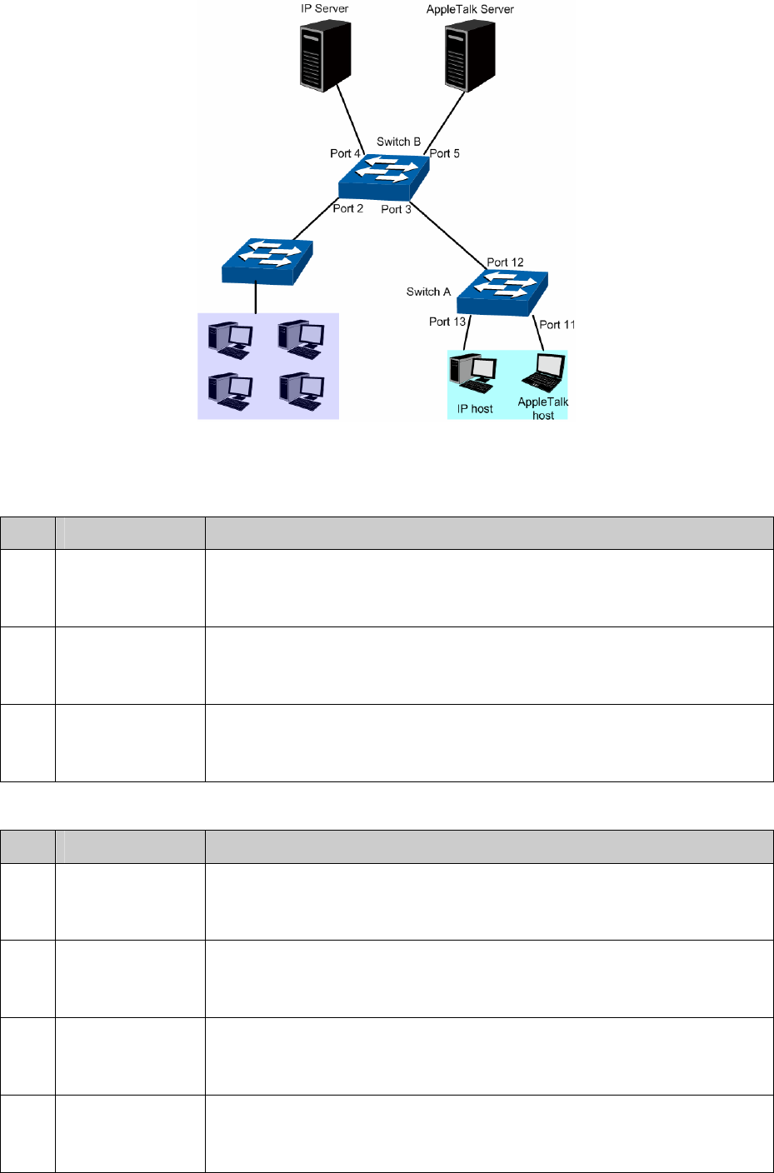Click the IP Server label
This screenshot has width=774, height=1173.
[x=324, y=8]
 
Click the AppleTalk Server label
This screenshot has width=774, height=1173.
[x=470, y=9]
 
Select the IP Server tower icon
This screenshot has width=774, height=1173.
[x=325, y=56]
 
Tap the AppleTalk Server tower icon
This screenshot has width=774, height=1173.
[x=470, y=56]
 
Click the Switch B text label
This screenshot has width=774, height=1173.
[x=398, y=142]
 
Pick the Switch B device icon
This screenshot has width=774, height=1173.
[x=384, y=177]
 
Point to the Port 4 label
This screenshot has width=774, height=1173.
[x=345, y=153]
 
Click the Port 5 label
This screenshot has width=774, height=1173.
[x=445, y=153]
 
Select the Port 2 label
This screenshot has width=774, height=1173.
[x=348, y=208]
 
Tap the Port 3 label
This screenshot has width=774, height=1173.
[x=396, y=209]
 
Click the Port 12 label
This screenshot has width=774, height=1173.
[x=506, y=262]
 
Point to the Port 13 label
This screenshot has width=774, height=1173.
[x=447, y=322]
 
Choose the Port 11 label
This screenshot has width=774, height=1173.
[x=557, y=325]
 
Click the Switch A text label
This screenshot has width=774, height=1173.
[x=428, y=292]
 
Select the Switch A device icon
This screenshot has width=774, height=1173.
[x=502, y=293]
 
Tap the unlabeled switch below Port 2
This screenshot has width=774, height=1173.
[x=267, y=262]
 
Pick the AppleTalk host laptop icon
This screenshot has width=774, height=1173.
[x=544, y=372]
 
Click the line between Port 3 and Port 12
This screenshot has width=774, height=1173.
[x=449, y=235]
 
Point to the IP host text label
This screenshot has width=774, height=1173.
[x=474, y=409]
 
